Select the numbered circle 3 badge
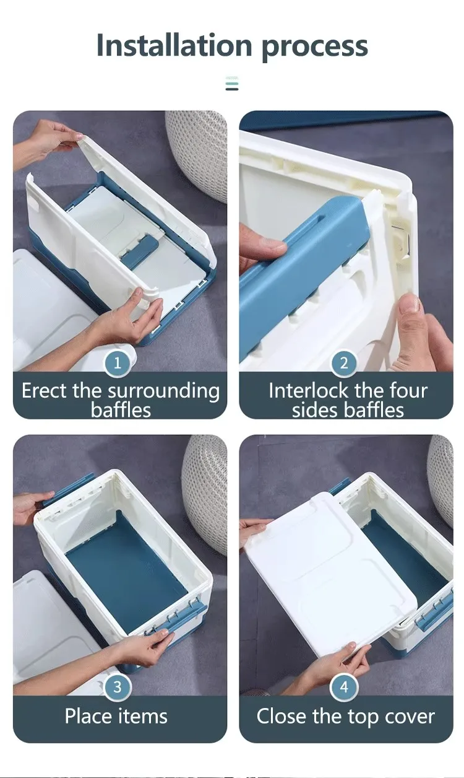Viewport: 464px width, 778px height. tap(117, 686)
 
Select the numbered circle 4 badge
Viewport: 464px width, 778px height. tap(344, 686)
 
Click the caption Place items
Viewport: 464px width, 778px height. tap(116, 716)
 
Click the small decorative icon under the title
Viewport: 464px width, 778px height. tap(232, 84)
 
